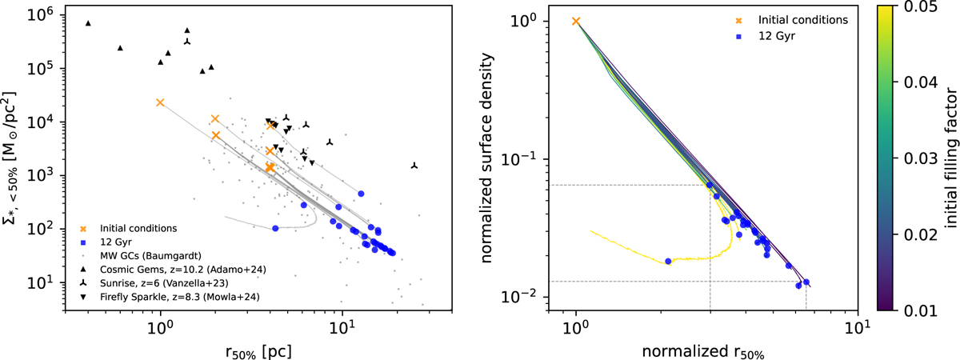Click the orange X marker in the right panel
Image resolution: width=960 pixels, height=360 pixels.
(576, 21)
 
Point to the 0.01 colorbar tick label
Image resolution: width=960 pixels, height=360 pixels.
(926, 310)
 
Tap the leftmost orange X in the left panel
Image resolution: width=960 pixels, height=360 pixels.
(160, 102)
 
